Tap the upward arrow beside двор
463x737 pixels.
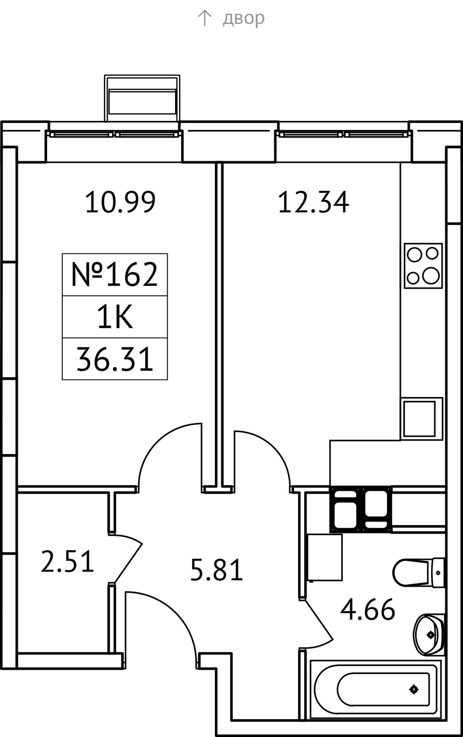click(x=204, y=18)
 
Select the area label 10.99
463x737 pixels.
click(x=121, y=202)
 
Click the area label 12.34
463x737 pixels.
click(x=313, y=202)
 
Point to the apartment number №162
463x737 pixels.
click(x=115, y=275)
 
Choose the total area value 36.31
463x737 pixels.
click(x=115, y=359)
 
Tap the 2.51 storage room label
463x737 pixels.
click(x=67, y=561)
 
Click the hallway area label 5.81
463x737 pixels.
click(x=217, y=570)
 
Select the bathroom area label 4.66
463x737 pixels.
click(x=368, y=610)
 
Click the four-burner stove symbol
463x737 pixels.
click(x=423, y=265)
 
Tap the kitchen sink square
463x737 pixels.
click(x=421, y=419)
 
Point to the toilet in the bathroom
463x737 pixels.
click(x=418, y=573)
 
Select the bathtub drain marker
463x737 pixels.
click(x=414, y=689)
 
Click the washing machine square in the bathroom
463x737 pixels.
click(x=325, y=557)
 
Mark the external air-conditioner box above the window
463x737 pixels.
click(x=142, y=98)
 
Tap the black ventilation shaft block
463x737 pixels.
click(x=361, y=509)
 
